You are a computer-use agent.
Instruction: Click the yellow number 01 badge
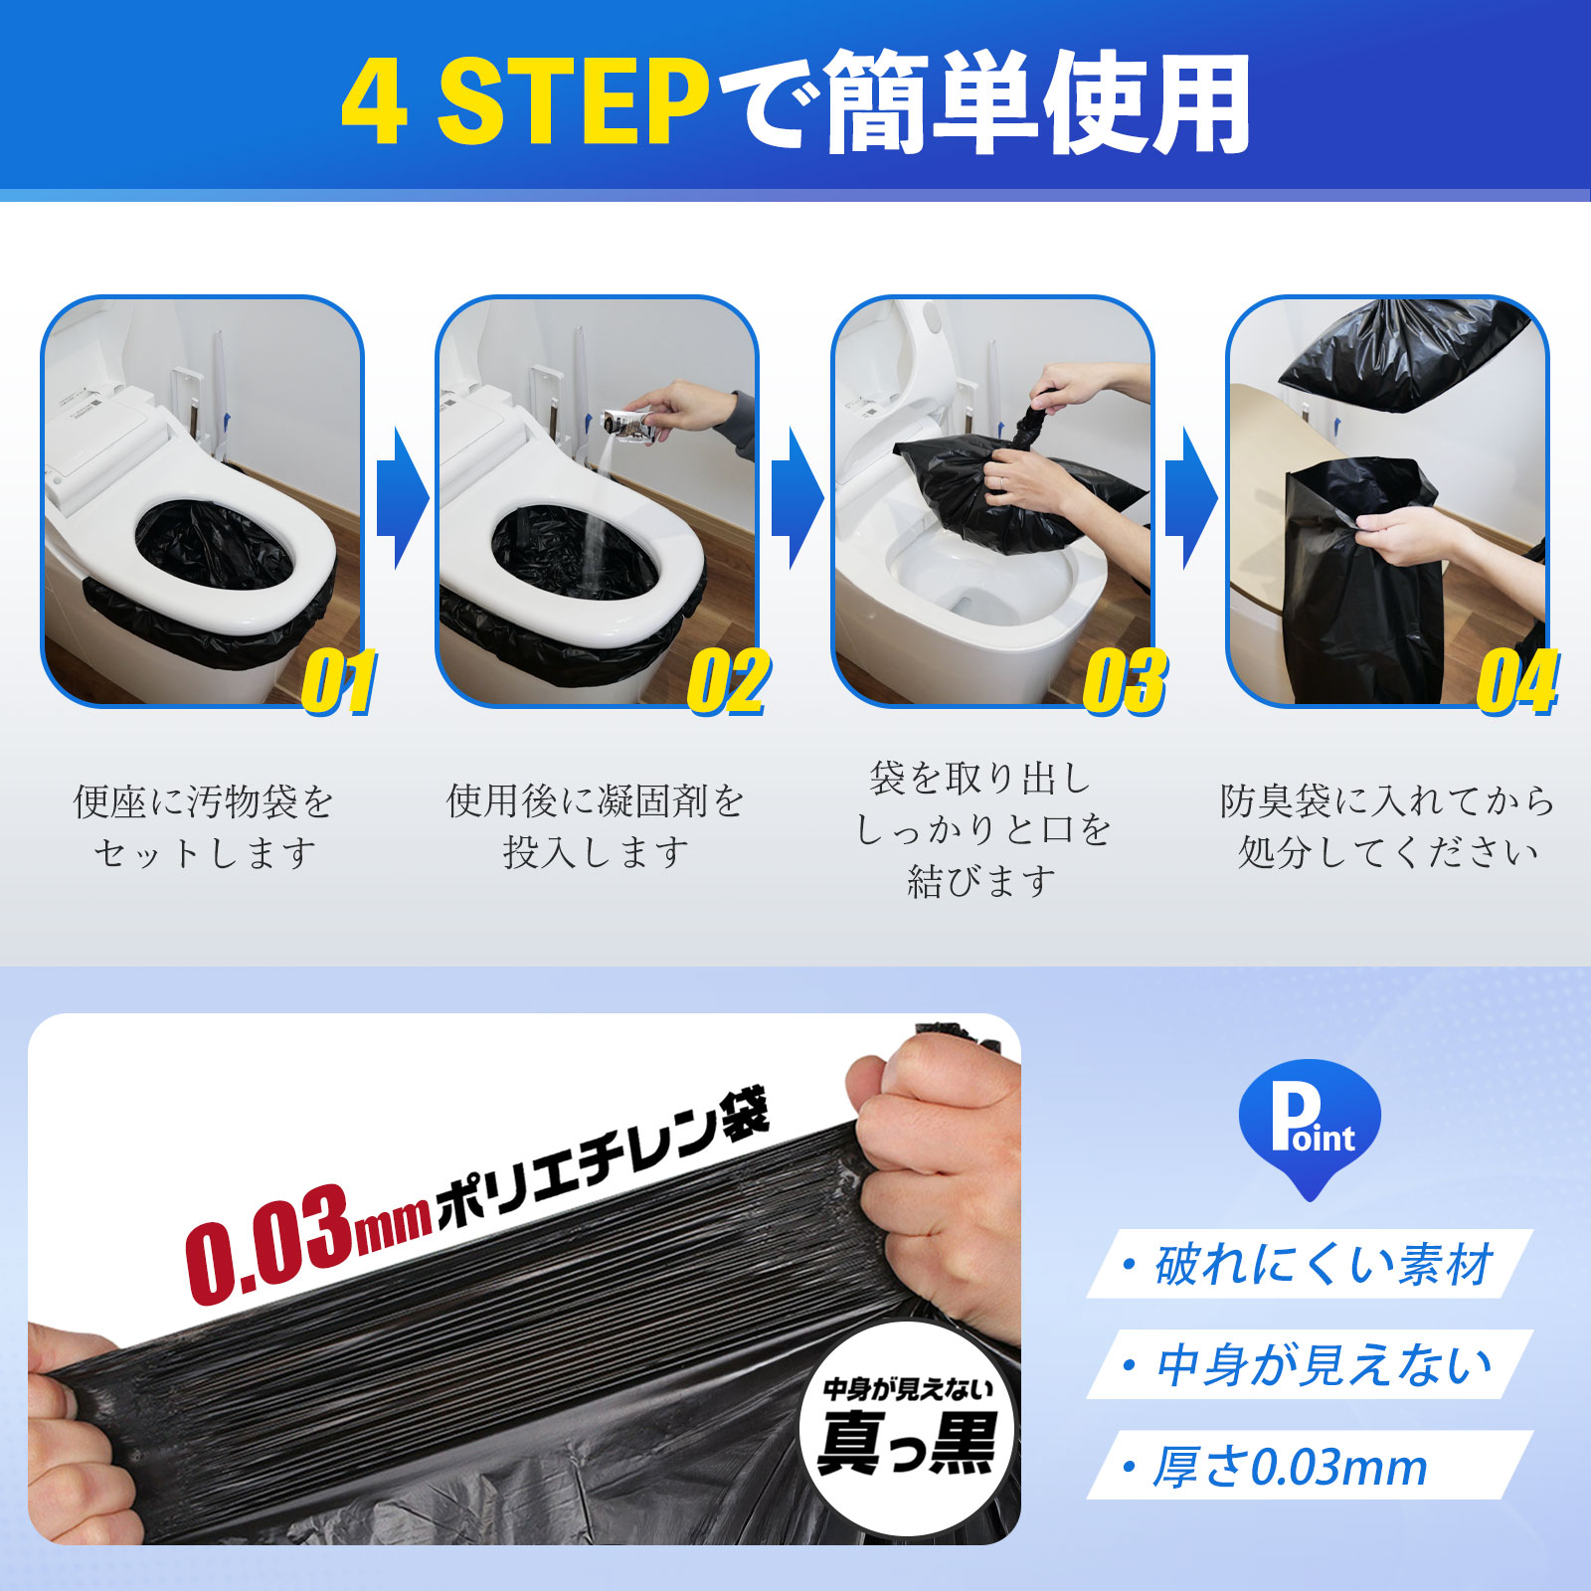pyautogui.click(x=340, y=682)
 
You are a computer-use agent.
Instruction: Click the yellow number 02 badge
pyautogui.click(x=729, y=682)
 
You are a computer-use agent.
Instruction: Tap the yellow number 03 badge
pyautogui.click(x=1125, y=682)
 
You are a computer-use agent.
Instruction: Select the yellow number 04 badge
pyautogui.click(x=1517, y=682)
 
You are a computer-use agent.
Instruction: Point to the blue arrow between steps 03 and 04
pyautogui.click(x=1190, y=499)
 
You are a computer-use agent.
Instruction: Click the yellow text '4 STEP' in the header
pyautogui.click(x=525, y=101)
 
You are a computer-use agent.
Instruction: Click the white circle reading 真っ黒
pyautogui.click(x=908, y=1429)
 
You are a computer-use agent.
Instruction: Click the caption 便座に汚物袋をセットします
pyautogui.click(x=204, y=827)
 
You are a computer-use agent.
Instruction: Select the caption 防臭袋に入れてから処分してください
pyautogui.click(x=1387, y=827)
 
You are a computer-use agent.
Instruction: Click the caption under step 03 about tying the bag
pyautogui.click(x=982, y=829)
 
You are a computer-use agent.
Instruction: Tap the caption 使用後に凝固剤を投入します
pyautogui.click(x=596, y=827)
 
